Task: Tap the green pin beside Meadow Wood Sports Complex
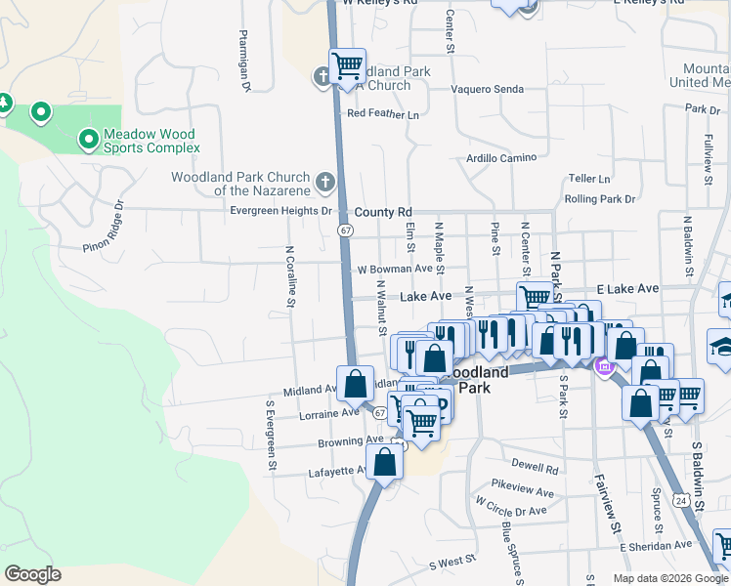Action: click(89, 142)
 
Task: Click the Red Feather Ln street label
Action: click(382, 114)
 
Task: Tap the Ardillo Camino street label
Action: click(501, 157)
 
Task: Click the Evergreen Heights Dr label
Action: click(281, 211)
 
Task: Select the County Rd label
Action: click(383, 212)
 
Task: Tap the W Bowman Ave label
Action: click(395, 269)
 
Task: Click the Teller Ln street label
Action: click(589, 180)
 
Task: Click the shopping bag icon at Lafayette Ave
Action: click(385, 461)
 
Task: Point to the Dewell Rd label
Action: click(533, 465)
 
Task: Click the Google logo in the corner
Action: click(33, 573)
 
